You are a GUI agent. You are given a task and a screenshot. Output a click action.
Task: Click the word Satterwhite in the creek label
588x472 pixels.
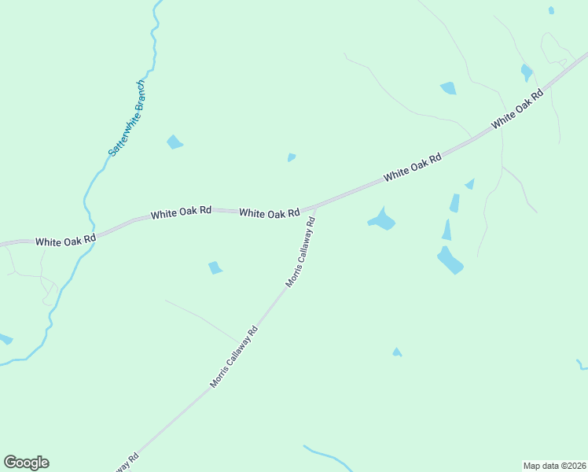[x=119, y=132]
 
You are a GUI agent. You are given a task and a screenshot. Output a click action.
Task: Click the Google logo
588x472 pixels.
[x=26, y=463]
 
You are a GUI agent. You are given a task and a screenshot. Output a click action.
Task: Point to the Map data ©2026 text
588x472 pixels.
[x=554, y=465]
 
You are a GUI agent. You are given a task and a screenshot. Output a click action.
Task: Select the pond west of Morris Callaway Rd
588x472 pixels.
[x=215, y=267]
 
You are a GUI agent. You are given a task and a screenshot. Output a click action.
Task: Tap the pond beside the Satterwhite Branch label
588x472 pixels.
[x=175, y=142]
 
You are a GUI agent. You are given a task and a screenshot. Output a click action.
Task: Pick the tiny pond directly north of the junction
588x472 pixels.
[x=292, y=157]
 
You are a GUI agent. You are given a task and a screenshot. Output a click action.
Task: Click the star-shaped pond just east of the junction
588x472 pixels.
[x=382, y=220]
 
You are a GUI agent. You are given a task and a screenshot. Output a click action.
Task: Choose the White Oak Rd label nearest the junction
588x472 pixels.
[x=269, y=213]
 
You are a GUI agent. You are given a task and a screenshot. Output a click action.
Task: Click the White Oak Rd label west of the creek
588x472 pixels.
[x=65, y=238]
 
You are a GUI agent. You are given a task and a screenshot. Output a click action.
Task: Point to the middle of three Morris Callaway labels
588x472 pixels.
[x=233, y=358]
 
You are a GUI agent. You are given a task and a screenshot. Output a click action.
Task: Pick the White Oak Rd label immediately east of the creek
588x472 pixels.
[x=181, y=212]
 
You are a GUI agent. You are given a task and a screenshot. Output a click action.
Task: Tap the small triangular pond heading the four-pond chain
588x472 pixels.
[x=469, y=184]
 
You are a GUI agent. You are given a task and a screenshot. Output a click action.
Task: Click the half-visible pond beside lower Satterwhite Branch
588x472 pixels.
[x=4, y=339]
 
